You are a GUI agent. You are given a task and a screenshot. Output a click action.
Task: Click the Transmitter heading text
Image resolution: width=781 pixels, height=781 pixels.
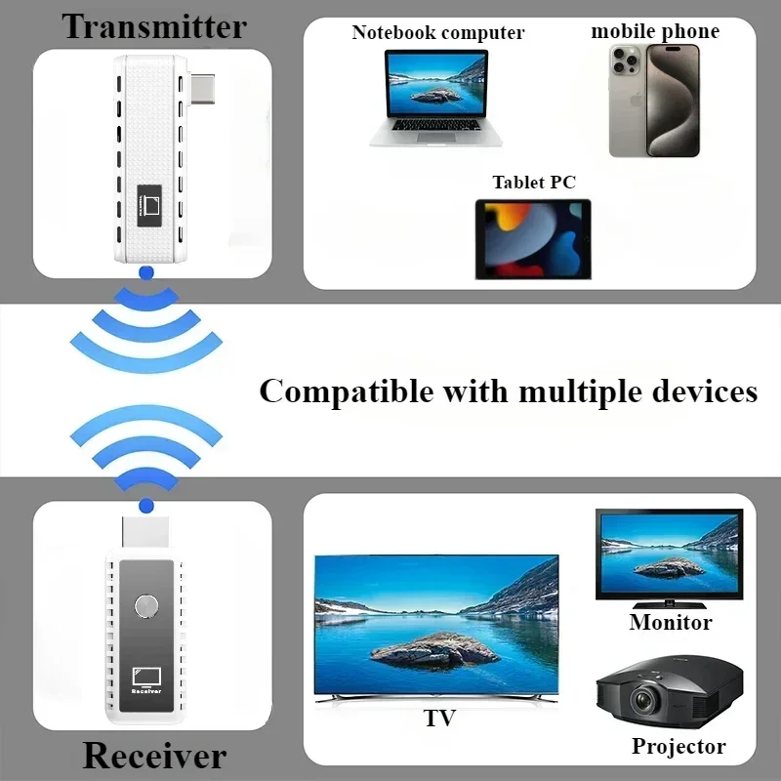pos(154,26)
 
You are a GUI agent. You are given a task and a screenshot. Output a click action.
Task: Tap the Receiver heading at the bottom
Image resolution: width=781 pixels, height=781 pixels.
pos(154,755)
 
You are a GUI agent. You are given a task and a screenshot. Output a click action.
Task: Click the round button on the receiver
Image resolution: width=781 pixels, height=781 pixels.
pos(147,605)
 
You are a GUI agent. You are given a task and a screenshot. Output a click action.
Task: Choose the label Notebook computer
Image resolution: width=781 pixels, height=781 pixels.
pos(438,32)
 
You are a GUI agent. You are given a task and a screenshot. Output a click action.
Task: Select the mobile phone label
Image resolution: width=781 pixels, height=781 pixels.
pos(655,31)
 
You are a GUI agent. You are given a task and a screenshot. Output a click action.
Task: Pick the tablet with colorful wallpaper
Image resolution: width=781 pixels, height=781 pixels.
pos(533,239)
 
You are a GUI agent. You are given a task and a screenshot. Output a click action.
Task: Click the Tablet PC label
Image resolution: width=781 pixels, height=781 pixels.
pos(534,183)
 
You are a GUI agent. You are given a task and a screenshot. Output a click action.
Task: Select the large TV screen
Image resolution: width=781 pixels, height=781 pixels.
pos(436,625)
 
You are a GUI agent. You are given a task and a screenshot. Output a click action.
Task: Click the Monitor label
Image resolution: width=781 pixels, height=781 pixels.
pos(670,622)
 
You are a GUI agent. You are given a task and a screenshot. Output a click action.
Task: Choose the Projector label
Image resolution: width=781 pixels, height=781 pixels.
pos(678,747)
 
